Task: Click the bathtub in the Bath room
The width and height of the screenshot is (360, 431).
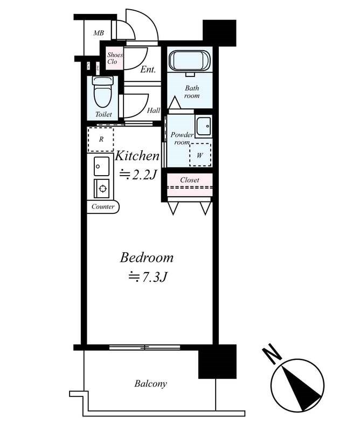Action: pos(190,60)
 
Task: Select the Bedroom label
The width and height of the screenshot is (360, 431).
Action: pos(147,258)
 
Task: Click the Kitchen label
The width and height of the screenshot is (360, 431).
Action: pos(137,156)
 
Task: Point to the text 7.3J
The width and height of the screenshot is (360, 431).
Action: pos(154,277)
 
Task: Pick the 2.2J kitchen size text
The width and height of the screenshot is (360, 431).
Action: pos(144,174)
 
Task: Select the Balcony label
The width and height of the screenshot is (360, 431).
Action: pos(150,384)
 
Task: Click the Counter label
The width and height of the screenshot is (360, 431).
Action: pos(103,207)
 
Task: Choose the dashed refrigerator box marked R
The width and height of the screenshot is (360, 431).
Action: pos(101,140)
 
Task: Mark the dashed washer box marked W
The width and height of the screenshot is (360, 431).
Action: pos(200,155)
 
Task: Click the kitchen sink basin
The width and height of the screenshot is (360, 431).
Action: pos(101,166)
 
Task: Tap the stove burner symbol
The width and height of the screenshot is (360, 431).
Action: pos(102,189)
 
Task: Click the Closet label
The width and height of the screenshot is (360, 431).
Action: pos(190,180)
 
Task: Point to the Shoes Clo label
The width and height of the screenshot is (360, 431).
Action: pos(114,58)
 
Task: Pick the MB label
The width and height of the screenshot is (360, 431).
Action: pos(99,33)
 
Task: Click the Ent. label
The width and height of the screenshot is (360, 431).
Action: pos(148,70)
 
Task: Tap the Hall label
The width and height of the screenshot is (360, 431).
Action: pos(154,110)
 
